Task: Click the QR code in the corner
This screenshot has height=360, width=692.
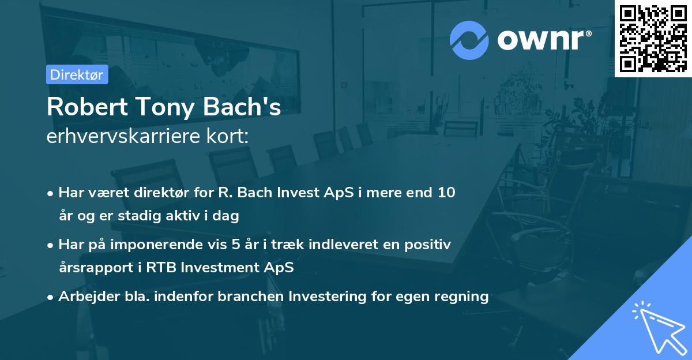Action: click(653, 38)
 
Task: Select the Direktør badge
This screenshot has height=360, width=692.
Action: click(77, 74)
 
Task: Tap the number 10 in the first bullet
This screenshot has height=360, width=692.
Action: click(446, 193)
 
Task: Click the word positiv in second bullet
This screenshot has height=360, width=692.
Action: click(429, 245)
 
